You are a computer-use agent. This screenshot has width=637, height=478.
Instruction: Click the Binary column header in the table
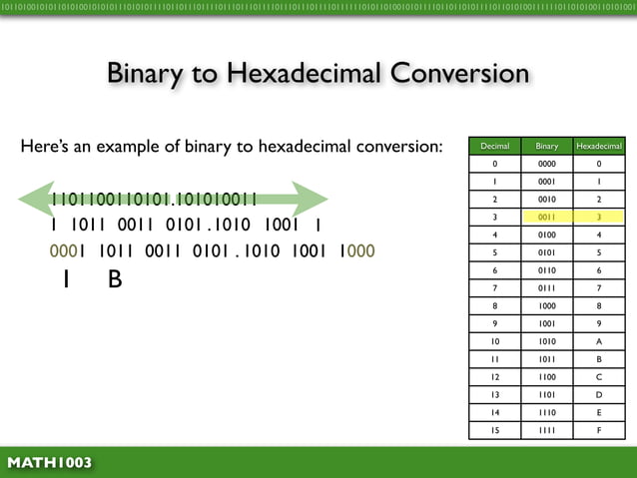tap(547, 146)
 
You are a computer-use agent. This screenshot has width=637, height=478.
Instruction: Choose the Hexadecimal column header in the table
tap(599, 146)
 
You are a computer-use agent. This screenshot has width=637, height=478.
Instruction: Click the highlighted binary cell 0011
tap(547, 216)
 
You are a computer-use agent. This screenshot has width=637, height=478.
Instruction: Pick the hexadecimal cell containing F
tap(599, 430)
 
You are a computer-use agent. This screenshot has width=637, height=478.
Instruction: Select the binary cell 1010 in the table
tap(547, 341)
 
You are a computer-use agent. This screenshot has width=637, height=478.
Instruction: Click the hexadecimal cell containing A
tap(599, 341)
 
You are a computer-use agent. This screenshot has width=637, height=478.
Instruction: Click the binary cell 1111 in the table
tap(547, 430)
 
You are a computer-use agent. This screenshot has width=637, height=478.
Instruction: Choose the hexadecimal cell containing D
tap(599, 394)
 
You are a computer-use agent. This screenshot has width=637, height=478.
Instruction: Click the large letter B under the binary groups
tap(115, 281)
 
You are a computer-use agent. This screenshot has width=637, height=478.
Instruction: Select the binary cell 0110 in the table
tap(547, 269)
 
